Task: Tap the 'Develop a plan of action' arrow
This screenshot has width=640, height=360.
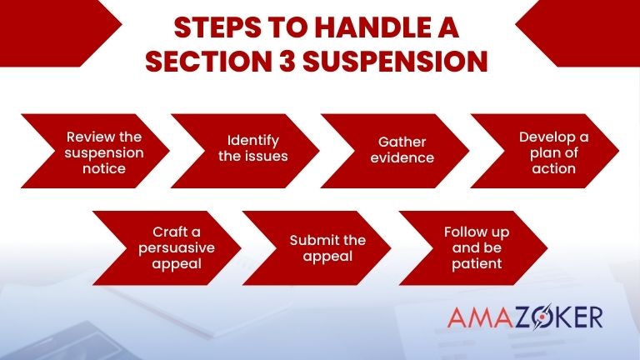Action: coord(545,152)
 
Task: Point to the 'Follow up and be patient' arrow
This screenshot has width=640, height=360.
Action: coord(473,247)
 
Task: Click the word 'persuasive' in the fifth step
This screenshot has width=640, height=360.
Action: coord(177,248)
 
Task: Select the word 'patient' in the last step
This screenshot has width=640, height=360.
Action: coord(477,264)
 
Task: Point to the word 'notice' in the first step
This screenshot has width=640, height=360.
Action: coord(105,168)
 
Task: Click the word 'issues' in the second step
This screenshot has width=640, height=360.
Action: coord(269,156)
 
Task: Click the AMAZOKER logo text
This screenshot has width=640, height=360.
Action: coord(524,317)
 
